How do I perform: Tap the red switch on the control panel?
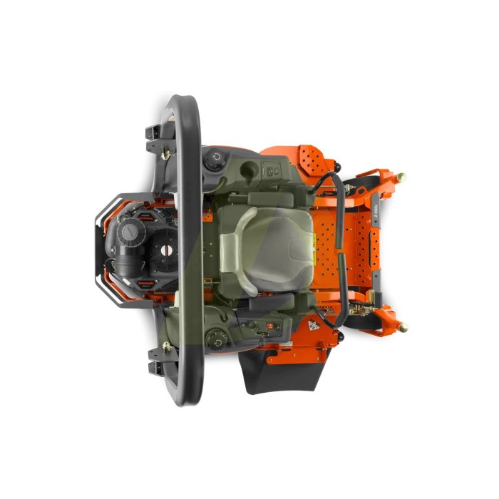point(270,322)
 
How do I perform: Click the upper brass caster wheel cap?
point(401,177)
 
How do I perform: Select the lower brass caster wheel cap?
point(403,327)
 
